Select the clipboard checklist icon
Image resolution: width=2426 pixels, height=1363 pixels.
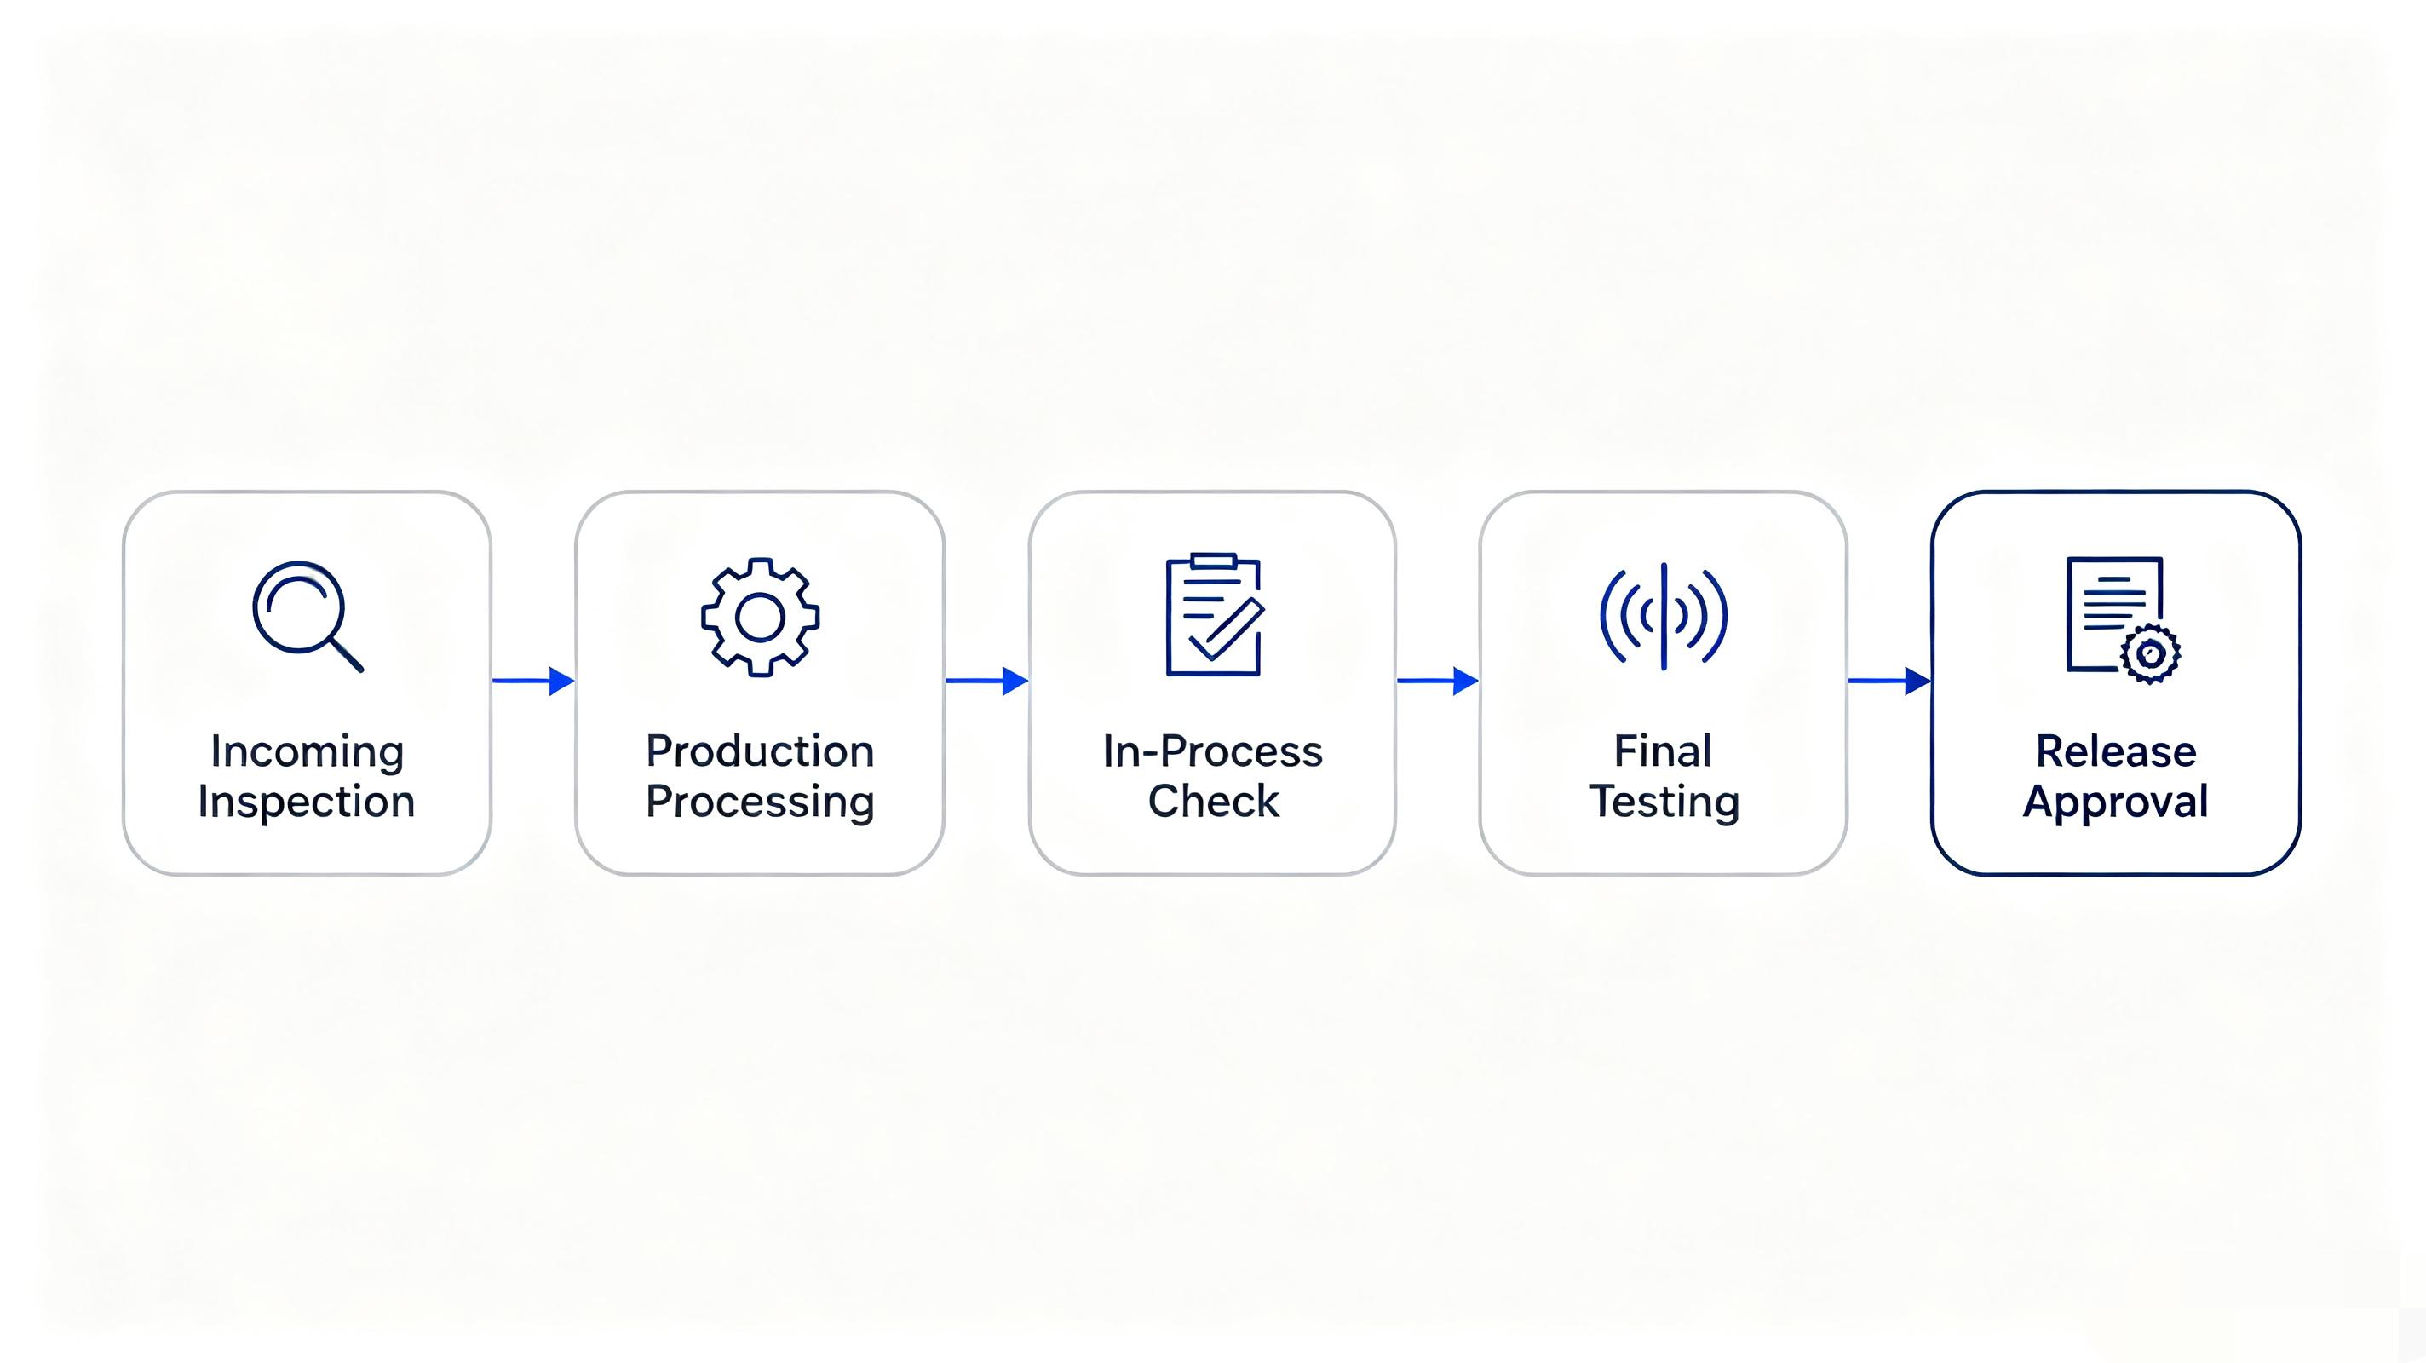pos(1214,614)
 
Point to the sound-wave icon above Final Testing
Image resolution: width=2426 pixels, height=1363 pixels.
pos(1664,616)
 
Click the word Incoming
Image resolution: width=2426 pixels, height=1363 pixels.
pos(307,751)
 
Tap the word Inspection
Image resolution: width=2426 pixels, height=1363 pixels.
pos(306,802)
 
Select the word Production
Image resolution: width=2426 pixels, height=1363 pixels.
pos(760,751)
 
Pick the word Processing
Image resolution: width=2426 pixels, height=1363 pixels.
pos(760,802)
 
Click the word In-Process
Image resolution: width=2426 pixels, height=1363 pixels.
pos(1213,751)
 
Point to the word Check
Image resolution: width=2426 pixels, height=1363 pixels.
pos(1213,802)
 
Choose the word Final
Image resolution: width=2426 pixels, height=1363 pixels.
pos(1663,751)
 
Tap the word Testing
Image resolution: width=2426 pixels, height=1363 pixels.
pos(1664,802)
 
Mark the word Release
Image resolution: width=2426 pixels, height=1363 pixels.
pos(2116,751)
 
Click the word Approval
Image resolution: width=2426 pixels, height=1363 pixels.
pos(2116,802)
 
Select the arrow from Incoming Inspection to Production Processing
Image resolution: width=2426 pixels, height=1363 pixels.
pos(533,680)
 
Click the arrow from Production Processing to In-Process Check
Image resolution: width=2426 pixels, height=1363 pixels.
pos(987,680)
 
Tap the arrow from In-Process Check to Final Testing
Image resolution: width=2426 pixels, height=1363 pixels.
pos(1438,680)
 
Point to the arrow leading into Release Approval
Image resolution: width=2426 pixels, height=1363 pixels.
pos(1889,680)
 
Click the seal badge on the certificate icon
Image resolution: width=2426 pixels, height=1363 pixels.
pos(2150,653)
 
